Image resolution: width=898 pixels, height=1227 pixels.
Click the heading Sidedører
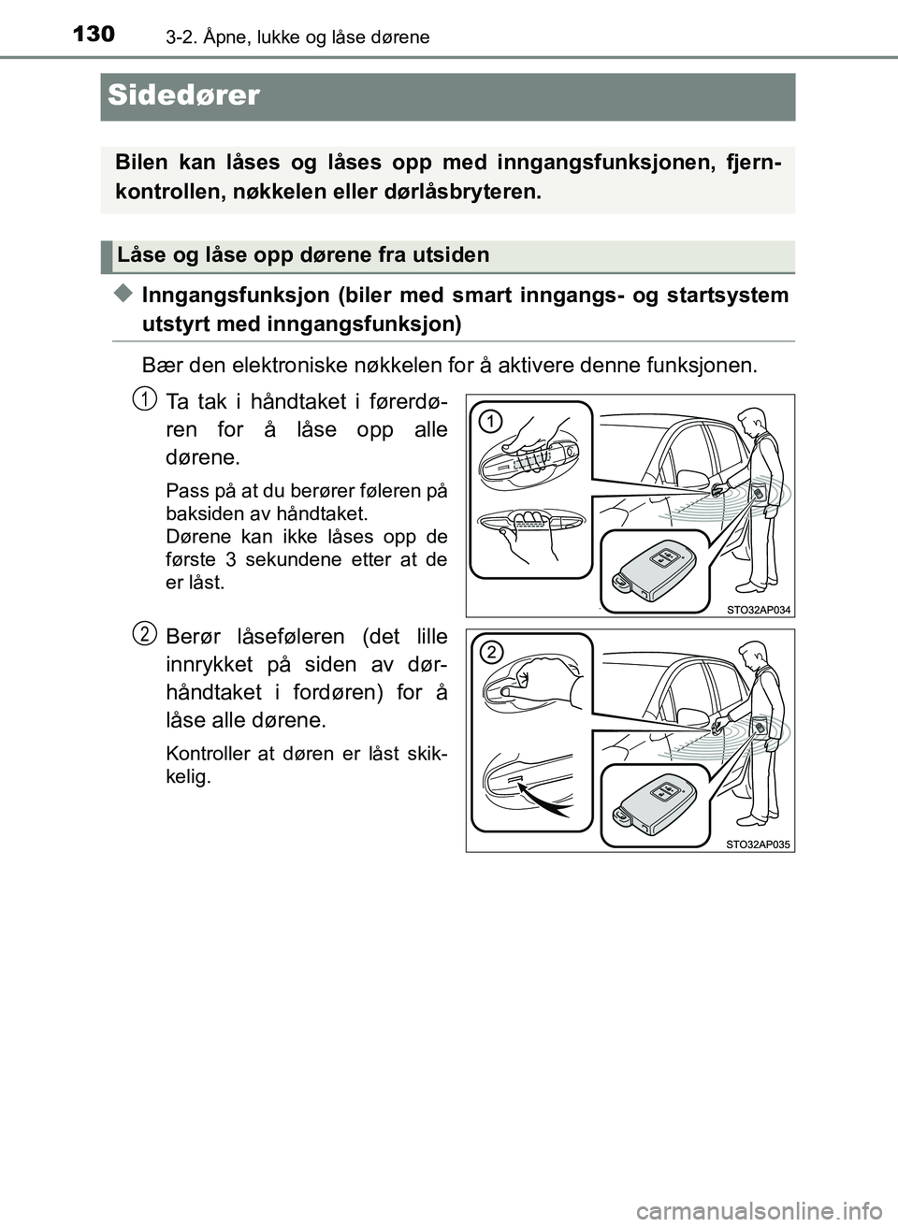point(183,95)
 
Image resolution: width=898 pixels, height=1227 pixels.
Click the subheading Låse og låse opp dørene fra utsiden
point(303,255)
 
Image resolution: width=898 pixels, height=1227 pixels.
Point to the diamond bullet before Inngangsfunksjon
point(124,295)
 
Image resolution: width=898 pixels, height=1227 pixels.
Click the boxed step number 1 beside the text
point(143,398)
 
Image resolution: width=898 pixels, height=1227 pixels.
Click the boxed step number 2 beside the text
point(143,634)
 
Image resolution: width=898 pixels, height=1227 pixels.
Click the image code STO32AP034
point(758,610)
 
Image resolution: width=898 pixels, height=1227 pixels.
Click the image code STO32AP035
point(758,844)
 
